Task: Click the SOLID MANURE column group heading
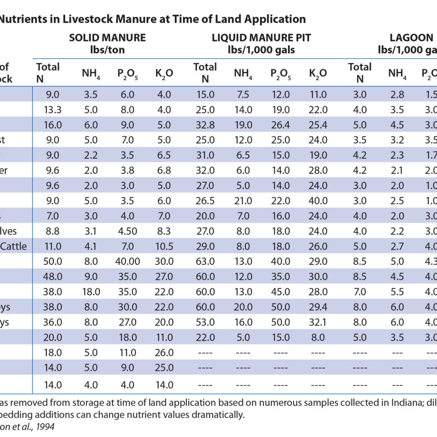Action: [x=107, y=38]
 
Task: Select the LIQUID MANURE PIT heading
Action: [x=261, y=38]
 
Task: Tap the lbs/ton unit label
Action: [x=107, y=50]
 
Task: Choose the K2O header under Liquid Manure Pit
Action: [x=318, y=73]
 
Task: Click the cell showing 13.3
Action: [x=53, y=110]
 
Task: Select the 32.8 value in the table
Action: [x=205, y=125]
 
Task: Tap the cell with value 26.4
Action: [x=280, y=125]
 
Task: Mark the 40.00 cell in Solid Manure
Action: [x=127, y=262]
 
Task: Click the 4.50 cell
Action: [x=127, y=231]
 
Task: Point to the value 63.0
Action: [x=205, y=262]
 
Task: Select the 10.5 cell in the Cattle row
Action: [x=164, y=246]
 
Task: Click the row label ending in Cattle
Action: [x=14, y=246]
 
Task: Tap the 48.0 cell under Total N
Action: [x=53, y=277]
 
